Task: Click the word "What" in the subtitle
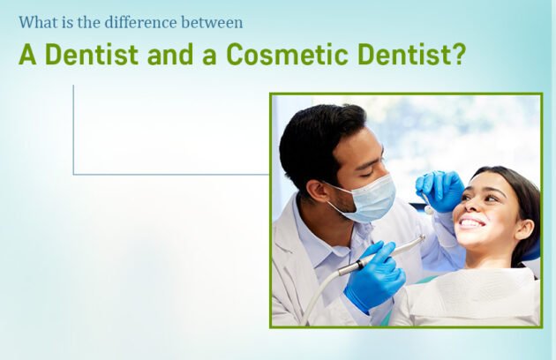click(37, 22)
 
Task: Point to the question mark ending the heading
click(458, 55)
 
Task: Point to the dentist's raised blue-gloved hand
click(439, 189)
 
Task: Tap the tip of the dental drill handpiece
click(422, 238)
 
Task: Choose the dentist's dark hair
click(318, 132)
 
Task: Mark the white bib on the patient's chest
click(477, 296)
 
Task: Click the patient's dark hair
click(521, 199)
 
